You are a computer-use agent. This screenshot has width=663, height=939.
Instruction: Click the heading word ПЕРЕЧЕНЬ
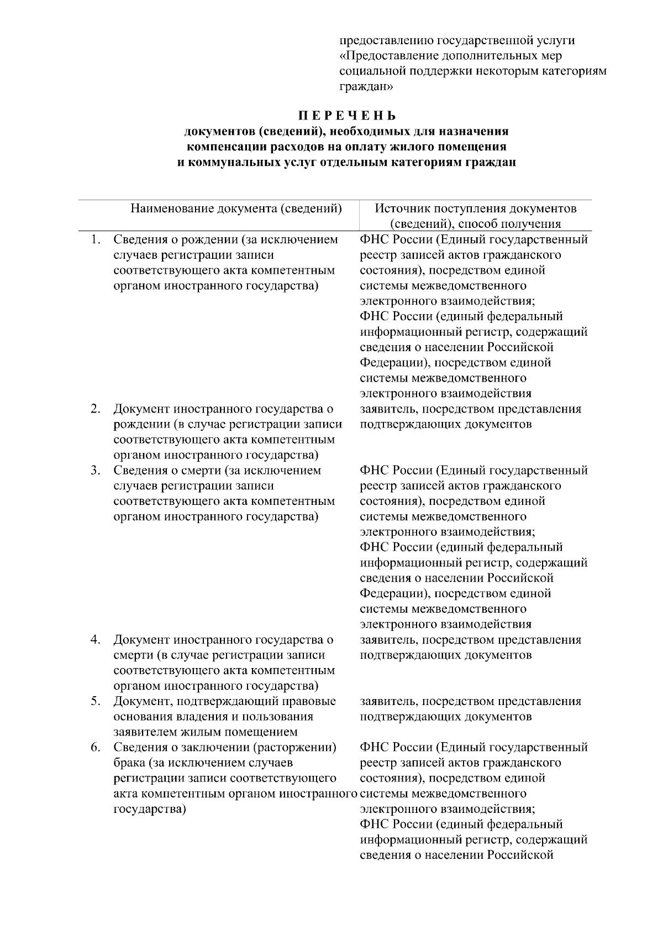click(347, 116)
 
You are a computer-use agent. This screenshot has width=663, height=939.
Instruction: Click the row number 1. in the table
click(96, 239)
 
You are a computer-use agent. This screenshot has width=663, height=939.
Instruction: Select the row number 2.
click(96, 409)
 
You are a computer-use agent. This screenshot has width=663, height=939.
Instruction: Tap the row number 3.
click(96, 471)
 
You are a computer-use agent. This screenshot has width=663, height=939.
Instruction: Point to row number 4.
click(96, 640)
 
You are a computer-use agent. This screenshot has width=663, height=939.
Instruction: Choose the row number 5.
click(96, 701)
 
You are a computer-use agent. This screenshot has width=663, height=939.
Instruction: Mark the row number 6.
click(96, 747)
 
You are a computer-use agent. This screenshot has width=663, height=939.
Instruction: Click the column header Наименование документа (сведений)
click(236, 208)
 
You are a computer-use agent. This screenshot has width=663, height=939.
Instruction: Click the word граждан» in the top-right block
click(366, 86)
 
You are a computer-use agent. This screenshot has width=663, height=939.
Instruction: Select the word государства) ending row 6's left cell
click(149, 809)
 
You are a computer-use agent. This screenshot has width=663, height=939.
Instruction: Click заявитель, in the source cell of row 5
click(389, 701)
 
